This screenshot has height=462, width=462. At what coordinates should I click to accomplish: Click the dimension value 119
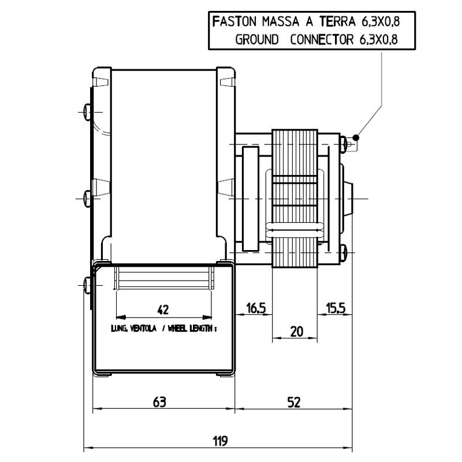[219, 441]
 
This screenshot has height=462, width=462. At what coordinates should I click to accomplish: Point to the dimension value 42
[163, 310]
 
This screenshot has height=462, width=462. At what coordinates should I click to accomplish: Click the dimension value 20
[296, 331]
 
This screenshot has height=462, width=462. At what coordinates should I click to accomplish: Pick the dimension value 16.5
[255, 308]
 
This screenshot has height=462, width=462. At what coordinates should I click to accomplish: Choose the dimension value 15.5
[335, 308]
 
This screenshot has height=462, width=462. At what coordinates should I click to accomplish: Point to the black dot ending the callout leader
[357, 137]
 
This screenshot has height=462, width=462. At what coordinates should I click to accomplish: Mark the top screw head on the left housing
[87, 109]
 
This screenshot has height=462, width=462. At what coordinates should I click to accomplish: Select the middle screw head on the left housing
[87, 198]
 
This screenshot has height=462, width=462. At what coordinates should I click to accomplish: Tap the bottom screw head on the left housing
[87, 284]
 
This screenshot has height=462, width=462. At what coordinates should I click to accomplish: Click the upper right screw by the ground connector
[344, 141]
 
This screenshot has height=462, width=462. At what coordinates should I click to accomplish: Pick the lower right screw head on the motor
[344, 252]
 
